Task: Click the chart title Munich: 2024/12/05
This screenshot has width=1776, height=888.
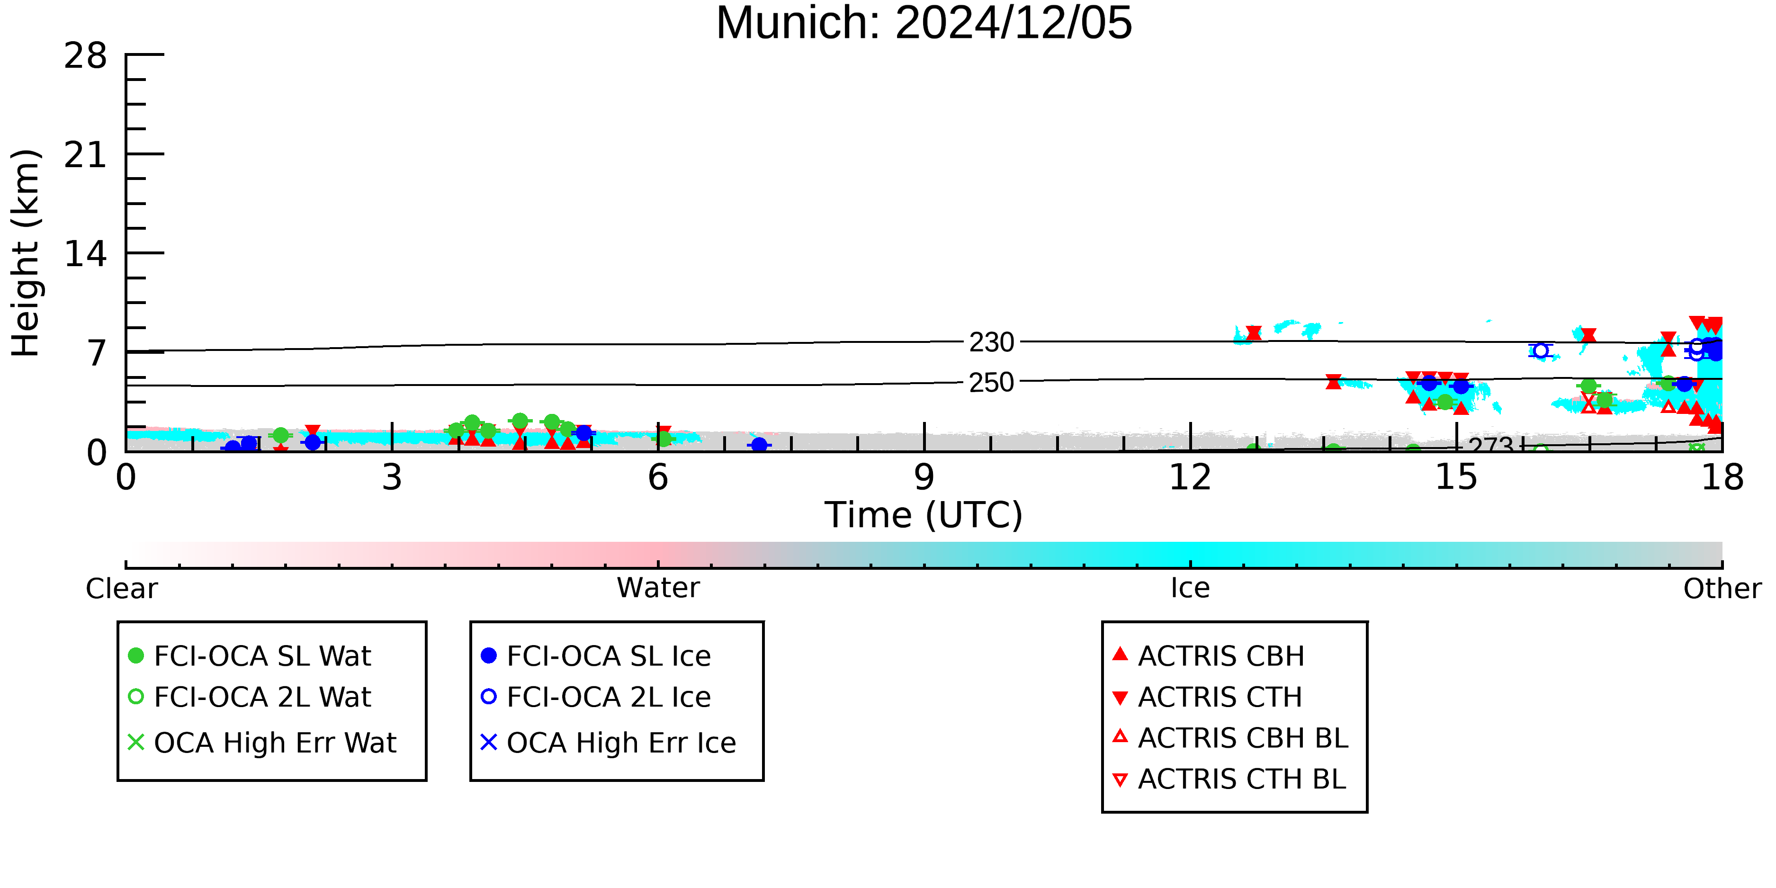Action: coord(924,23)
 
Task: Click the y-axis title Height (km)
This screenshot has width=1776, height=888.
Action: coord(26,253)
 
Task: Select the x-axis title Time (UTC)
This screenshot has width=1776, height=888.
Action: coord(924,515)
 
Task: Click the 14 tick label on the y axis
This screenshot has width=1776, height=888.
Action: coord(86,254)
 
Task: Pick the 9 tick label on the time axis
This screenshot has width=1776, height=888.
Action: coord(924,478)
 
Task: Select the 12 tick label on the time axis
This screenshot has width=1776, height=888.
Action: coord(1190,478)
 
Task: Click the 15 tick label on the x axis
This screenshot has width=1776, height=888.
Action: coord(1456,478)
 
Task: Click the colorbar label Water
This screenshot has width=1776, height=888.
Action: coord(658,588)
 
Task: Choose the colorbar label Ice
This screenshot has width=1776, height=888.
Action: coord(1190,588)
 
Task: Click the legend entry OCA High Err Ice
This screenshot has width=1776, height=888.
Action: coord(609,743)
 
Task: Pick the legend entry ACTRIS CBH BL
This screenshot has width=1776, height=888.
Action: coord(1231,738)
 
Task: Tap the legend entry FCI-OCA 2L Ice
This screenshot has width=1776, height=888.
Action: coord(596,697)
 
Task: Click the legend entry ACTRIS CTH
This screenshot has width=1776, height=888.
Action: coord(1207,697)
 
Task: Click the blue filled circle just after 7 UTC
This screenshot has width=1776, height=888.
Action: coord(759,445)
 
